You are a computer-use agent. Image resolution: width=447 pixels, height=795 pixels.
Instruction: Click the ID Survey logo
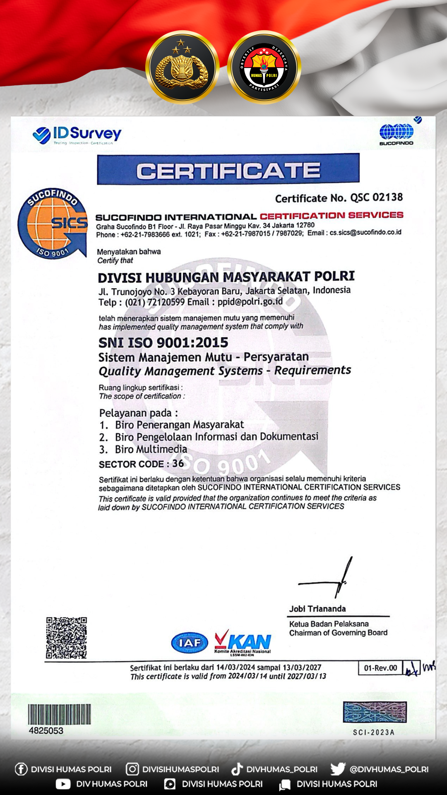pos(77,135)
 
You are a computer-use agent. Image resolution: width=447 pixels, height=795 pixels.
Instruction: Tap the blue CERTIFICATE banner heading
pos(228,170)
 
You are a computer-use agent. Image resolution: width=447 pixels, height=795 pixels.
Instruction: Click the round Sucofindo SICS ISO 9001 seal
pos(53,223)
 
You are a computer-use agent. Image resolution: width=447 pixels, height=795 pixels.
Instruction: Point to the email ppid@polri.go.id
pos(250,302)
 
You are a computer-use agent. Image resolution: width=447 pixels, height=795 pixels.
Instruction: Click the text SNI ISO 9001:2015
pos(163,342)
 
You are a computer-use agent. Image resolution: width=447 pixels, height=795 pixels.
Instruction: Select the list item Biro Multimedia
pos(151,449)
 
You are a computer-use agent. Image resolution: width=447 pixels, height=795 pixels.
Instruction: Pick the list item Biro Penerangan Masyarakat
pos(179,425)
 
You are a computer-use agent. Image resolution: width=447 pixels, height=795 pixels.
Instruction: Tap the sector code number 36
pos(178,463)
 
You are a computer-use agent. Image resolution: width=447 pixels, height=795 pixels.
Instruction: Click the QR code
pos(66,638)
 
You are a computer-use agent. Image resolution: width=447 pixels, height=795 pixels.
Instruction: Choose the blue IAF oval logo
pos(190,643)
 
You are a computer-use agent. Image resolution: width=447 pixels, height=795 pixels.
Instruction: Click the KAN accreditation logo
pos(243,642)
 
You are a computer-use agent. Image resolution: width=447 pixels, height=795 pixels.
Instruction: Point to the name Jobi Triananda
pos(317,609)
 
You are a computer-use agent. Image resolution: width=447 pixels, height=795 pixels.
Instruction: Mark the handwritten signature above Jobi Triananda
pos(331,580)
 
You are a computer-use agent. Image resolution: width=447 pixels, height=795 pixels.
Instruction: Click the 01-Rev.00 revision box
pos(380,668)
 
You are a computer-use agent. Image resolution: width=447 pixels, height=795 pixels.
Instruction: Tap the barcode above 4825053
pos(59,714)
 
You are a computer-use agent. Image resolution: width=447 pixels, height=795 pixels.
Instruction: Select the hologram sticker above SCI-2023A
pos(375,712)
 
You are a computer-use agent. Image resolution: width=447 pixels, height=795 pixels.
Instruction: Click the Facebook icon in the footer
pos(21,769)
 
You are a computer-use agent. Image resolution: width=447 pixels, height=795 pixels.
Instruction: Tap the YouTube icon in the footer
pos(63,784)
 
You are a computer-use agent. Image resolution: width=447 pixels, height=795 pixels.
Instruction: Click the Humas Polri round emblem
pos(264,67)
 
